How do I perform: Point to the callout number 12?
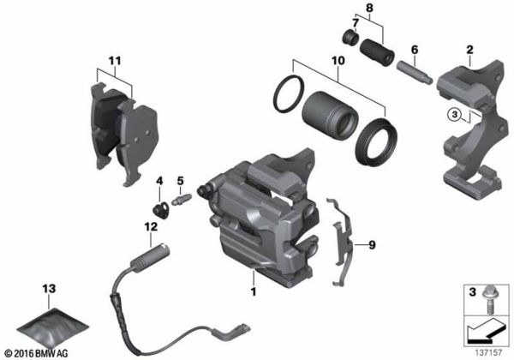tap(150, 226)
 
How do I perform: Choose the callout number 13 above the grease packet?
tap(48, 285)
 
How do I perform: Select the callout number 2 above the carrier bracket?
tap(469, 51)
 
